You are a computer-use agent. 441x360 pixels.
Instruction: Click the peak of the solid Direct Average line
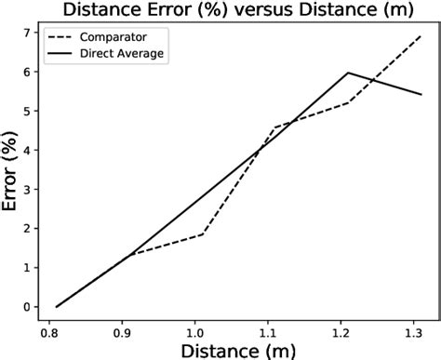(x=347, y=73)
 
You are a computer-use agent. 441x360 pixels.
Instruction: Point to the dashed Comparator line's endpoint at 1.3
(x=421, y=36)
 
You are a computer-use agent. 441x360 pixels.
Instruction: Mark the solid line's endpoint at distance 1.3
(x=421, y=94)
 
